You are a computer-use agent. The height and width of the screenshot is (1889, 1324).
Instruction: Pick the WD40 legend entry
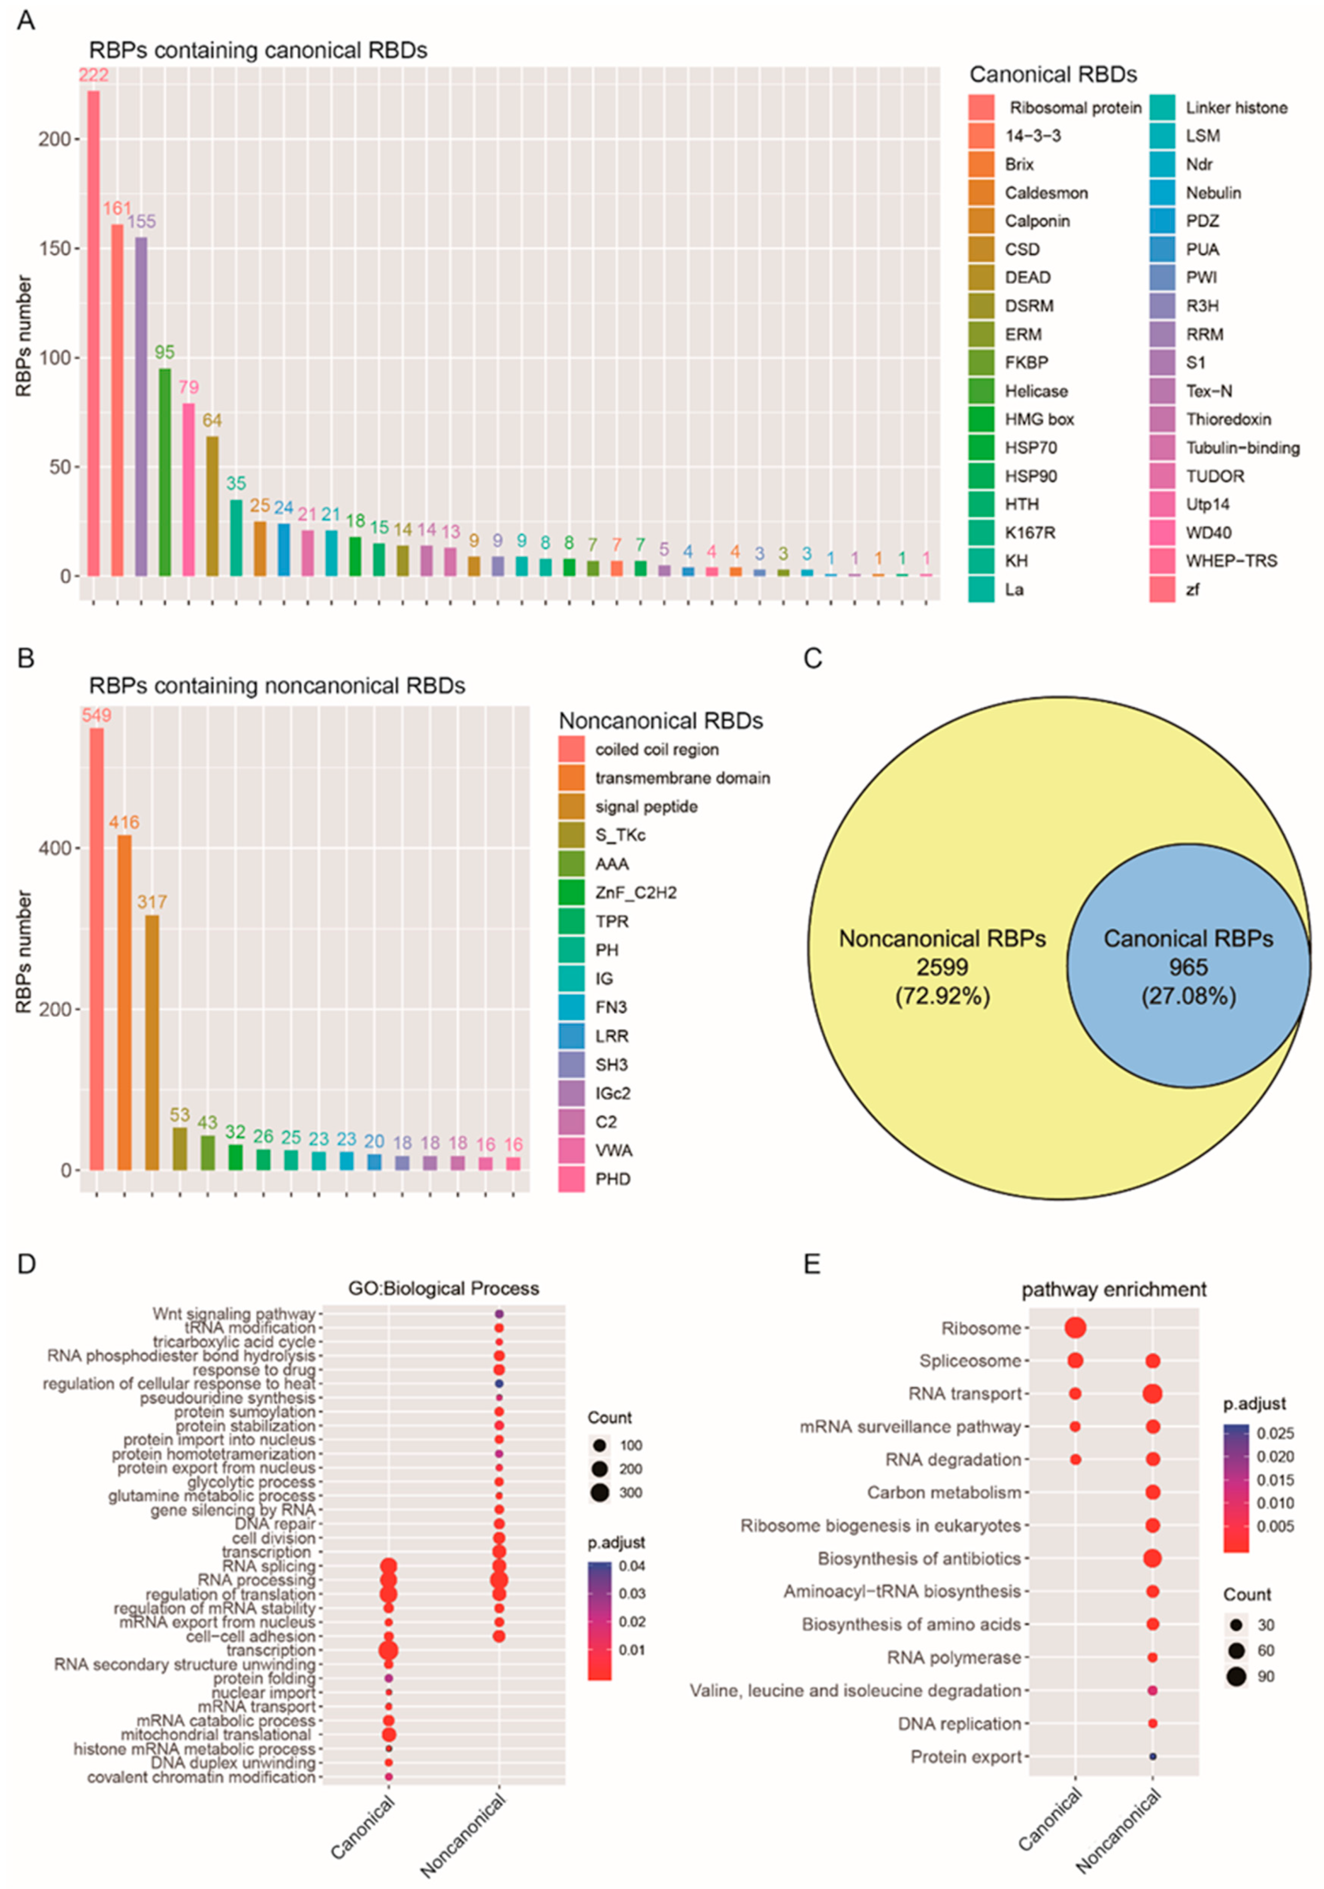[x=1208, y=533]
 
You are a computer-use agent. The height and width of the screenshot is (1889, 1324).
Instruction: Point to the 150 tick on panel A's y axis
[x=55, y=248]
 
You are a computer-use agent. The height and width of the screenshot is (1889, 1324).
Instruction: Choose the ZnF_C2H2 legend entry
[x=635, y=893]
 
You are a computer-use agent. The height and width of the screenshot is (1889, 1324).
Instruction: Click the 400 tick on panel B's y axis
[x=55, y=848]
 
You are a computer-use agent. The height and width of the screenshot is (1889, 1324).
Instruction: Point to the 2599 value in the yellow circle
[x=942, y=968]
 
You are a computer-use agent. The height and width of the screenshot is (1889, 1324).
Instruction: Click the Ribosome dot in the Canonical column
[x=1075, y=1328]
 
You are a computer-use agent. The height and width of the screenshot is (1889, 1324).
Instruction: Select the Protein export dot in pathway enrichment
[x=1153, y=1756]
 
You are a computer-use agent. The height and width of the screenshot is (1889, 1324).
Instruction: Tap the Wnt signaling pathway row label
[x=234, y=1314]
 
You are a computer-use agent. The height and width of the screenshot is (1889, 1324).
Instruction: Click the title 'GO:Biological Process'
[x=443, y=1288]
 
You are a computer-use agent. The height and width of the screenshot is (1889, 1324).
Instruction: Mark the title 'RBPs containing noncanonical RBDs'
[x=277, y=686]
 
